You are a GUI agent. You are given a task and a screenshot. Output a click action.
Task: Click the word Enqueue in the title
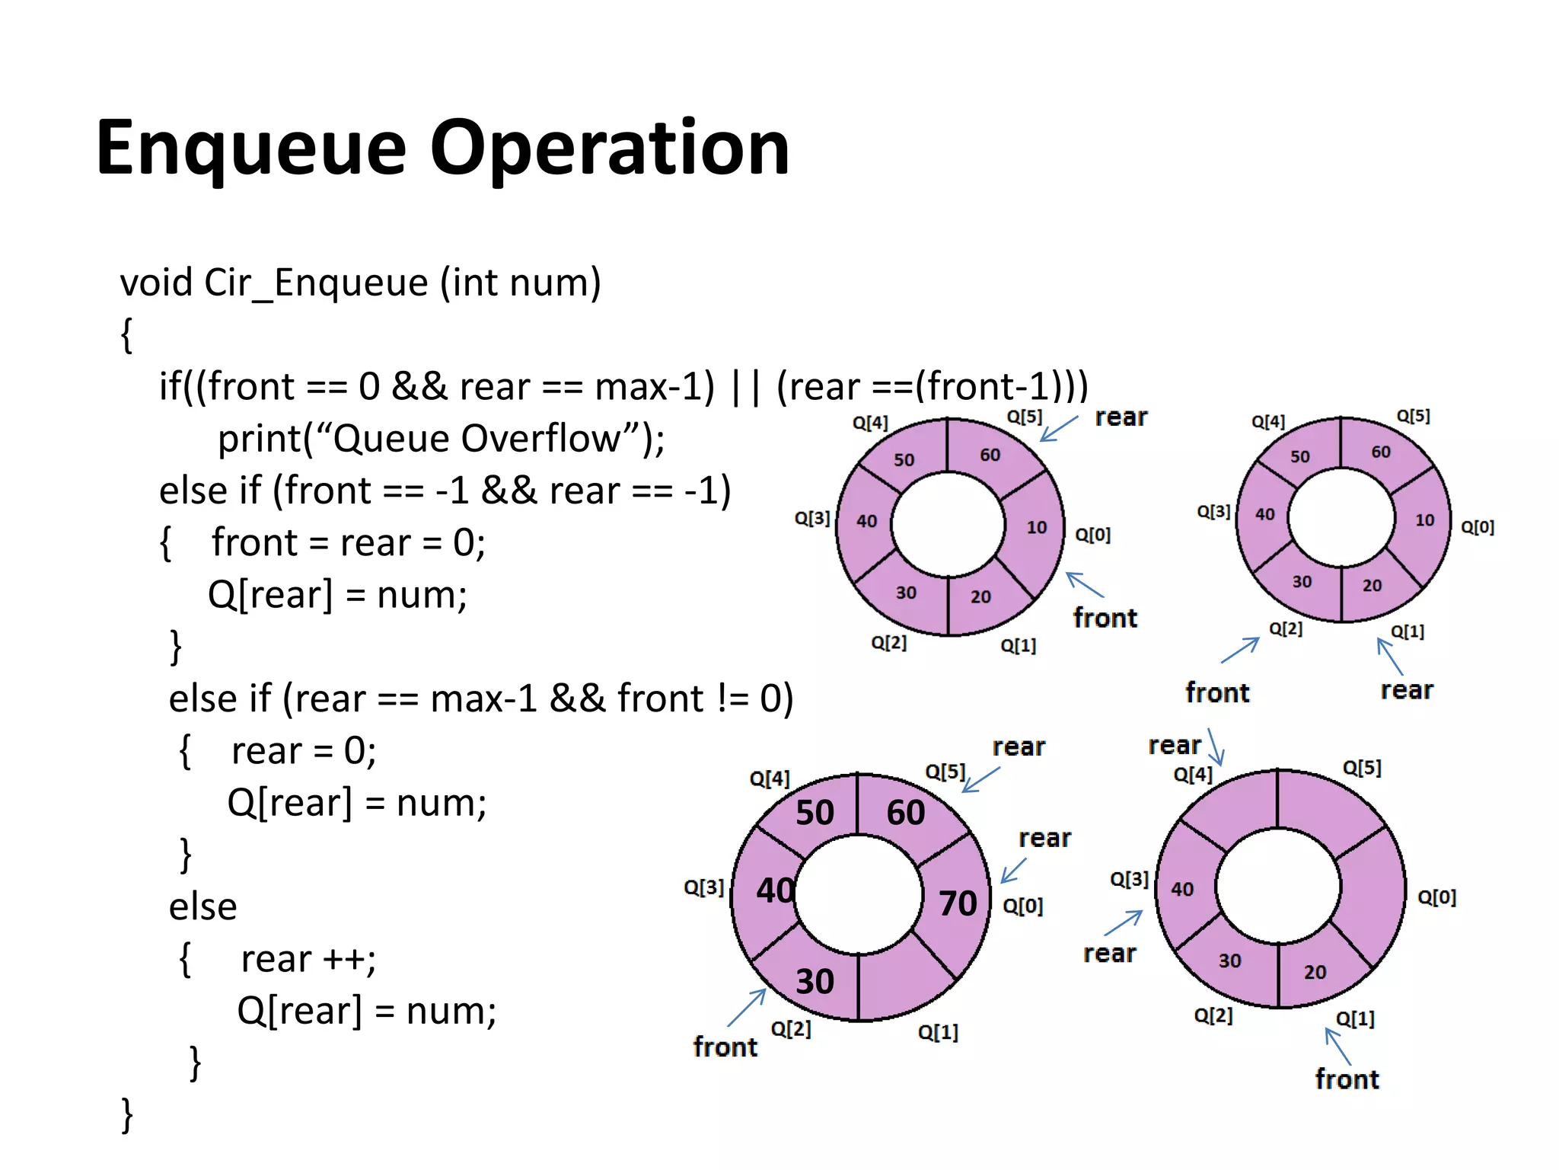click(x=251, y=149)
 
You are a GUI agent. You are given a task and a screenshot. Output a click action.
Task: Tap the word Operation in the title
click(x=609, y=149)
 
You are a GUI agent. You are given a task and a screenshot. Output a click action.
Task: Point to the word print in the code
click(x=259, y=439)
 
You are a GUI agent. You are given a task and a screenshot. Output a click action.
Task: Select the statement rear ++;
click(x=308, y=960)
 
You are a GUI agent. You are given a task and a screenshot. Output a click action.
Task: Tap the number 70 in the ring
click(x=958, y=903)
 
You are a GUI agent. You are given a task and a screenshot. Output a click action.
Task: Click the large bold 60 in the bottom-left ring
click(x=905, y=813)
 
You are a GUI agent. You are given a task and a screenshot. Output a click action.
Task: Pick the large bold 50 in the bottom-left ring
click(x=815, y=813)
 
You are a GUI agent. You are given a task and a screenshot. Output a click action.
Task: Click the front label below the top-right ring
click(x=1216, y=692)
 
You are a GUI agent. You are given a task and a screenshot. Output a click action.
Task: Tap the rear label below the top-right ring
click(x=1406, y=690)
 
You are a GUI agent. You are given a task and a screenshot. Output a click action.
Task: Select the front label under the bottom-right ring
click(x=1347, y=1079)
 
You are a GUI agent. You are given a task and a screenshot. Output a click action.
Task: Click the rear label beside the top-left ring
click(x=1121, y=417)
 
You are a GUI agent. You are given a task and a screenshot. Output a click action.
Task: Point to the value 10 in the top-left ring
click(x=1036, y=527)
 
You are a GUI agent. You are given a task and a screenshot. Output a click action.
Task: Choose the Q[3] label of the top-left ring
click(x=811, y=519)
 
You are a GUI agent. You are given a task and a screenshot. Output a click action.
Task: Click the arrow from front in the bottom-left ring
click(x=747, y=1007)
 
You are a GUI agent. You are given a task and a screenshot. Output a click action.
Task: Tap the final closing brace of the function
click(x=127, y=1115)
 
